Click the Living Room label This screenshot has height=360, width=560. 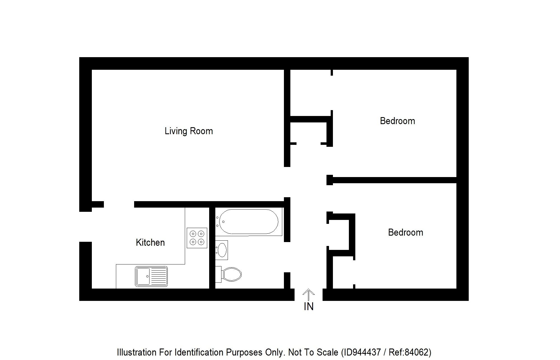click(x=188, y=131)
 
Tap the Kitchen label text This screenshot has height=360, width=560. click(x=150, y=242)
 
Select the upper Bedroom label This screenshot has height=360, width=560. click(x=397, y=121)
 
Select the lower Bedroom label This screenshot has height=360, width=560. click(x=405, y=232)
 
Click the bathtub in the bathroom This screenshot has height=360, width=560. click(x=248, y=222)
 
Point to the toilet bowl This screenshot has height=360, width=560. click(x=231, y=274)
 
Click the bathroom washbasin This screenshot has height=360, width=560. click(x=222, y=250)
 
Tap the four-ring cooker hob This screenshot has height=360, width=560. click(x=197, y=238)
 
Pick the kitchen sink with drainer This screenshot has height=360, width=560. click(x=151, y=276)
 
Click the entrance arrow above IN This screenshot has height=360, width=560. click(x=308, y=294)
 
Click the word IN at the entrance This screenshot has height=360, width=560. click(x=308, y=307)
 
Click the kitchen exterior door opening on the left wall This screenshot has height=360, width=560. click(x=85, y=227)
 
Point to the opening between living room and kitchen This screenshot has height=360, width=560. click(x=119, y=205)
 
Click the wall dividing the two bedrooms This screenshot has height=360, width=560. click(x=392, y=180)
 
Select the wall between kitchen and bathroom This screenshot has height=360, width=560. click(x=212, y=248)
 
